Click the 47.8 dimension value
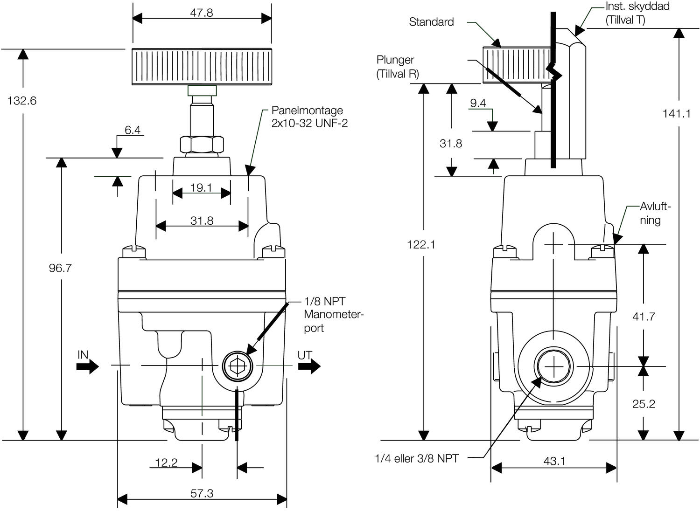tap(202, 13)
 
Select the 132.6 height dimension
tap(22, 101)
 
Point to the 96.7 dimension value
tap(60, 268)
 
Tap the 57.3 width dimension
tap(202, 493)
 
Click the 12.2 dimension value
tap(166, 463)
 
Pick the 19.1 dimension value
tap(201, 188)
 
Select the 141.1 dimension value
tap(676, 113)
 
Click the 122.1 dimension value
tap(421, 244)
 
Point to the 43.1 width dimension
tap(554, 461)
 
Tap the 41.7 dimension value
tap(644, 317)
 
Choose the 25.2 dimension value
tap(644, 404)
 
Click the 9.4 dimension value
tap(478, 103)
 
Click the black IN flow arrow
tap(87, 366)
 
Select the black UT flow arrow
tap(309, 366)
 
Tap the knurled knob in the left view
tap(202, 67)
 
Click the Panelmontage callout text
tap(309, 117)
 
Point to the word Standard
tap(431, 22)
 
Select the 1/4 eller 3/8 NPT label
tap(417, 459)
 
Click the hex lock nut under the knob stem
tap(202, 145)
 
